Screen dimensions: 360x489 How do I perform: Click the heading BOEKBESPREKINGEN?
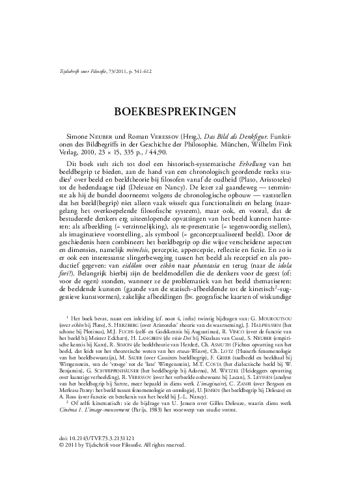tap(180, 111)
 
